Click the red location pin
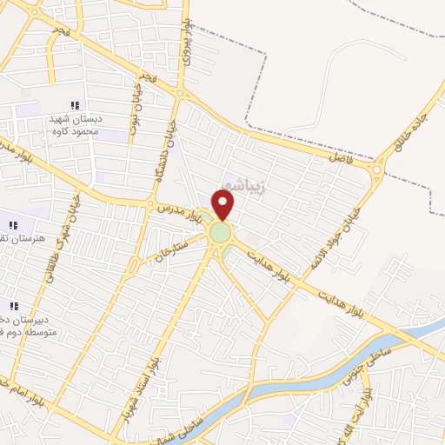(223, 204)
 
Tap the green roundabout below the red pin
(220, 233)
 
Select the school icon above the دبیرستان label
(13, 305)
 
